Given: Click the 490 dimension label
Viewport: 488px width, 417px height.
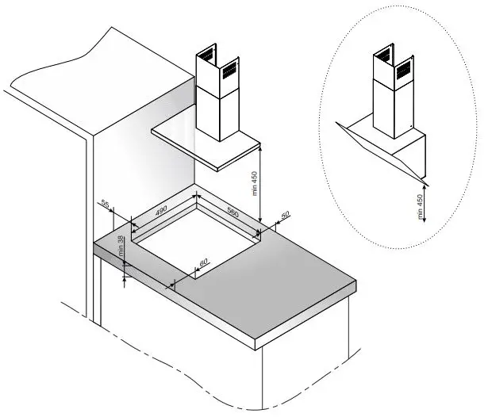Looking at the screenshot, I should tap(161, 211).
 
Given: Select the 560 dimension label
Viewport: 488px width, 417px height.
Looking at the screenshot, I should tap(232, 212).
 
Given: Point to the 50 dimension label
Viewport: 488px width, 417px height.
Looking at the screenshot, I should tap(286, 216).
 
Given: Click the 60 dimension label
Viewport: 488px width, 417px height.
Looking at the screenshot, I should tap(203, 262).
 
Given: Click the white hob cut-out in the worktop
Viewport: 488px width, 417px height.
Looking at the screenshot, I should tap(194, 233).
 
